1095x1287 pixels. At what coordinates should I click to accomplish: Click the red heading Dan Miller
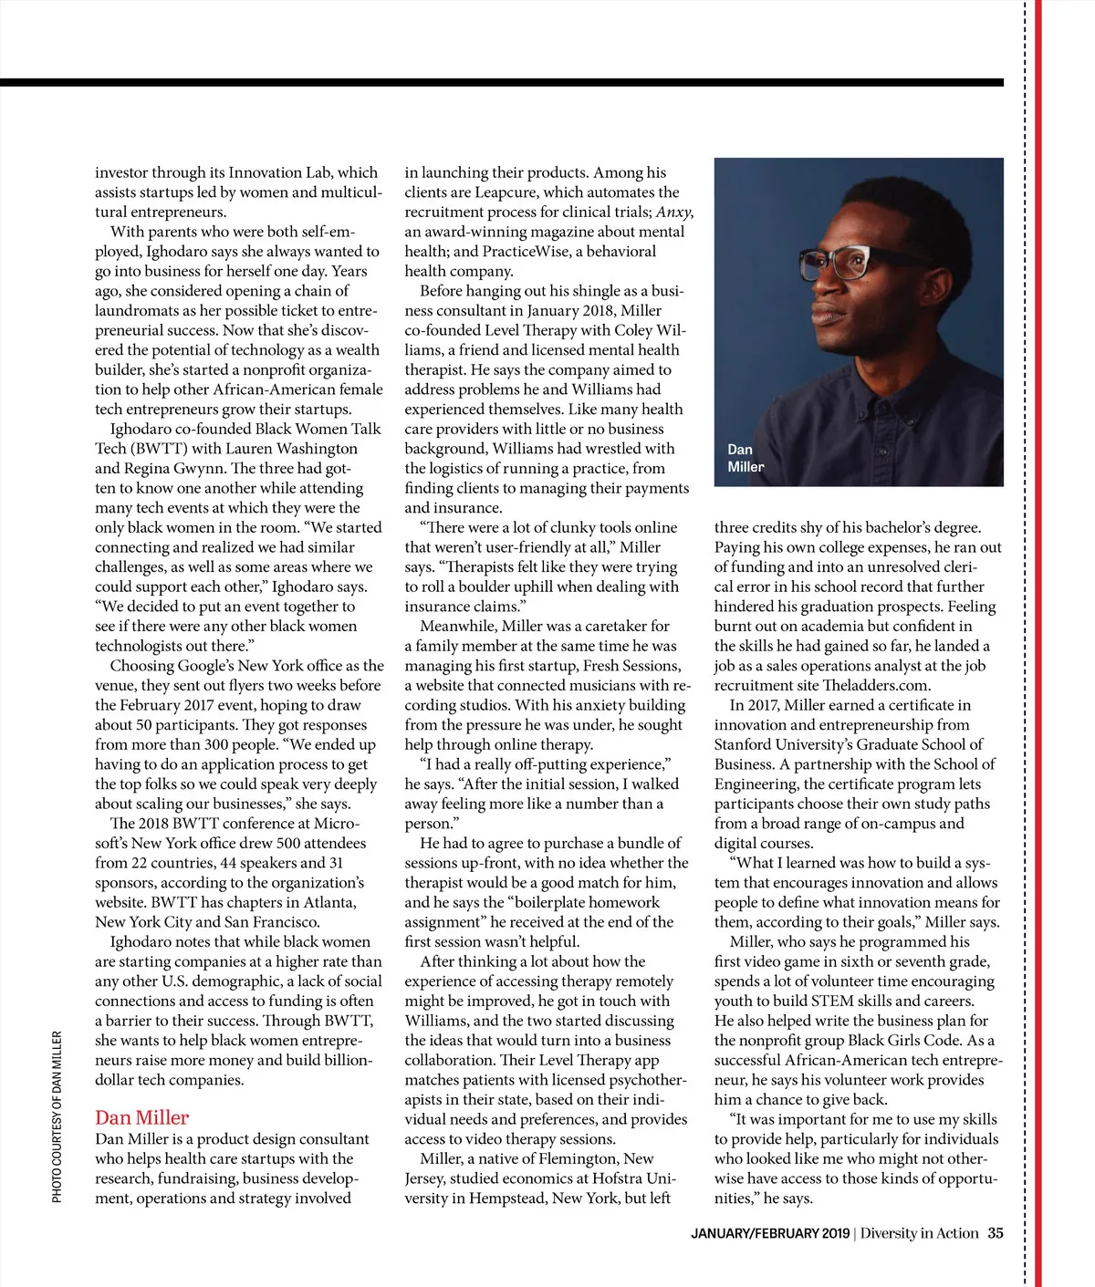[141, 1117]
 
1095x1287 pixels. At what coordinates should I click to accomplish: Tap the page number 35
[995, 1233]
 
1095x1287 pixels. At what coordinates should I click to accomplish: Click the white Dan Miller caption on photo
[745, 458]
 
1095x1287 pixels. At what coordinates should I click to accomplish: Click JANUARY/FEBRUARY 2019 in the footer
[769, 1234]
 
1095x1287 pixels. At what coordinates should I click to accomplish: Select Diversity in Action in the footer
[919, 1233]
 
